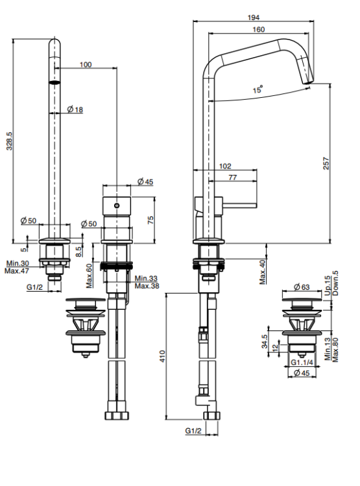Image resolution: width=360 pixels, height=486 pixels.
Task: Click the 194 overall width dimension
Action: (x=253, y=17)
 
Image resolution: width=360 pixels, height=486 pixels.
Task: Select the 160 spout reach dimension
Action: (x=259, y=29)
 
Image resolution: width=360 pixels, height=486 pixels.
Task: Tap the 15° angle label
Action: (x=258, y=89)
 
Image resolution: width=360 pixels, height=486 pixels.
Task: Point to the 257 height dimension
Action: (x=326, y=163)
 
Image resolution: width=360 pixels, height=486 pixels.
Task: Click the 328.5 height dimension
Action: (x=9, y=141)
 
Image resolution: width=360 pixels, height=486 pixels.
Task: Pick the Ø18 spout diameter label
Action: (x=75, y=110)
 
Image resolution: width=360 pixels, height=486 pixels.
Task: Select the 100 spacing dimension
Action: (x=86, y=64)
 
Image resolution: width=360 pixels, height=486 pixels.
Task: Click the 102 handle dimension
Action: (x=225, y=166)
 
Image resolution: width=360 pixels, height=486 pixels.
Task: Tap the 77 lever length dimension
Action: (x=232, y=178)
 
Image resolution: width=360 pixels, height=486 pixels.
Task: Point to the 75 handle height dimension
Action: (x=150, y=220)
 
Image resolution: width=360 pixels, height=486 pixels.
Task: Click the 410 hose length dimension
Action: (x=162, y=356)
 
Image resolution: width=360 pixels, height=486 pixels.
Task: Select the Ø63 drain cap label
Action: (x=302, y=287)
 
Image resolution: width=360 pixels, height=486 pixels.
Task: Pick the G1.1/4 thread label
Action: (x=302, y=362)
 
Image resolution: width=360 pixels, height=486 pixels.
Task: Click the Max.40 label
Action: (x=263, y=272)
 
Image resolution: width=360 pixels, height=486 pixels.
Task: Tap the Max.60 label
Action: (x=89, y=275)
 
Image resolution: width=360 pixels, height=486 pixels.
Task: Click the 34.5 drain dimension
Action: (x=264, y=341)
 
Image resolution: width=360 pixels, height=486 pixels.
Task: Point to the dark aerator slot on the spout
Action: (x=54, y=82)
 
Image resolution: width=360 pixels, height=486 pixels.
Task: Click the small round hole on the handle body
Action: (x=117, y=205)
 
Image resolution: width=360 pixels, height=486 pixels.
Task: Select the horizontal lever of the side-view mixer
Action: (x=239, y=205)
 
